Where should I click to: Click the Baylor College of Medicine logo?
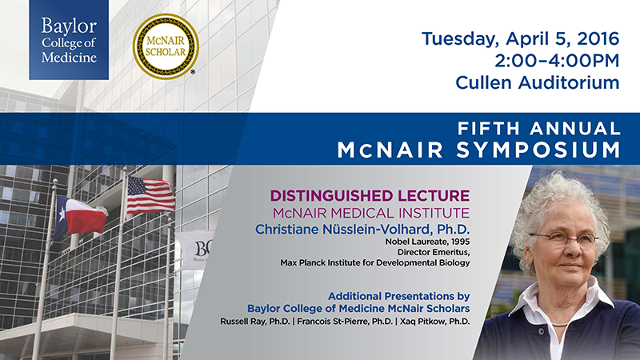click(69, 39)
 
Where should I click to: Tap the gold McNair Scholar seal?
click(166, 46)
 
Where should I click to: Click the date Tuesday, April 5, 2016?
click(521, 39)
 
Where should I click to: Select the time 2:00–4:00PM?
click(557, 61)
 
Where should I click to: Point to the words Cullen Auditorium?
click(538, 83)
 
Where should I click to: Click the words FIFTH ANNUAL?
click(538, 129)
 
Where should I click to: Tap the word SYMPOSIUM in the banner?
click(538, 150)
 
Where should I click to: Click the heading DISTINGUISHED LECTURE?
click(370, 195)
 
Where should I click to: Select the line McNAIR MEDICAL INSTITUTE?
click(371, 213)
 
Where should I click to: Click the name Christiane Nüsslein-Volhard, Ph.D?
click(362, 230)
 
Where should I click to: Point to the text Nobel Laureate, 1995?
click(427, 242)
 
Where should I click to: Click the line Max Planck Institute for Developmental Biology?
click(375, 263)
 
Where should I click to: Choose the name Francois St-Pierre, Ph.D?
click(345, 322)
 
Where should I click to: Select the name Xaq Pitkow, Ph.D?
click(434, 322)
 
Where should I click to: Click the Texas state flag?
click(81, 217)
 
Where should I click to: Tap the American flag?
click(150, 195)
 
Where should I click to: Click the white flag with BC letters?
click(194, 250)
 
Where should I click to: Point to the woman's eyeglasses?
click(563, 238)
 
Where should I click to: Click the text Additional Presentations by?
click(398, 296)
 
